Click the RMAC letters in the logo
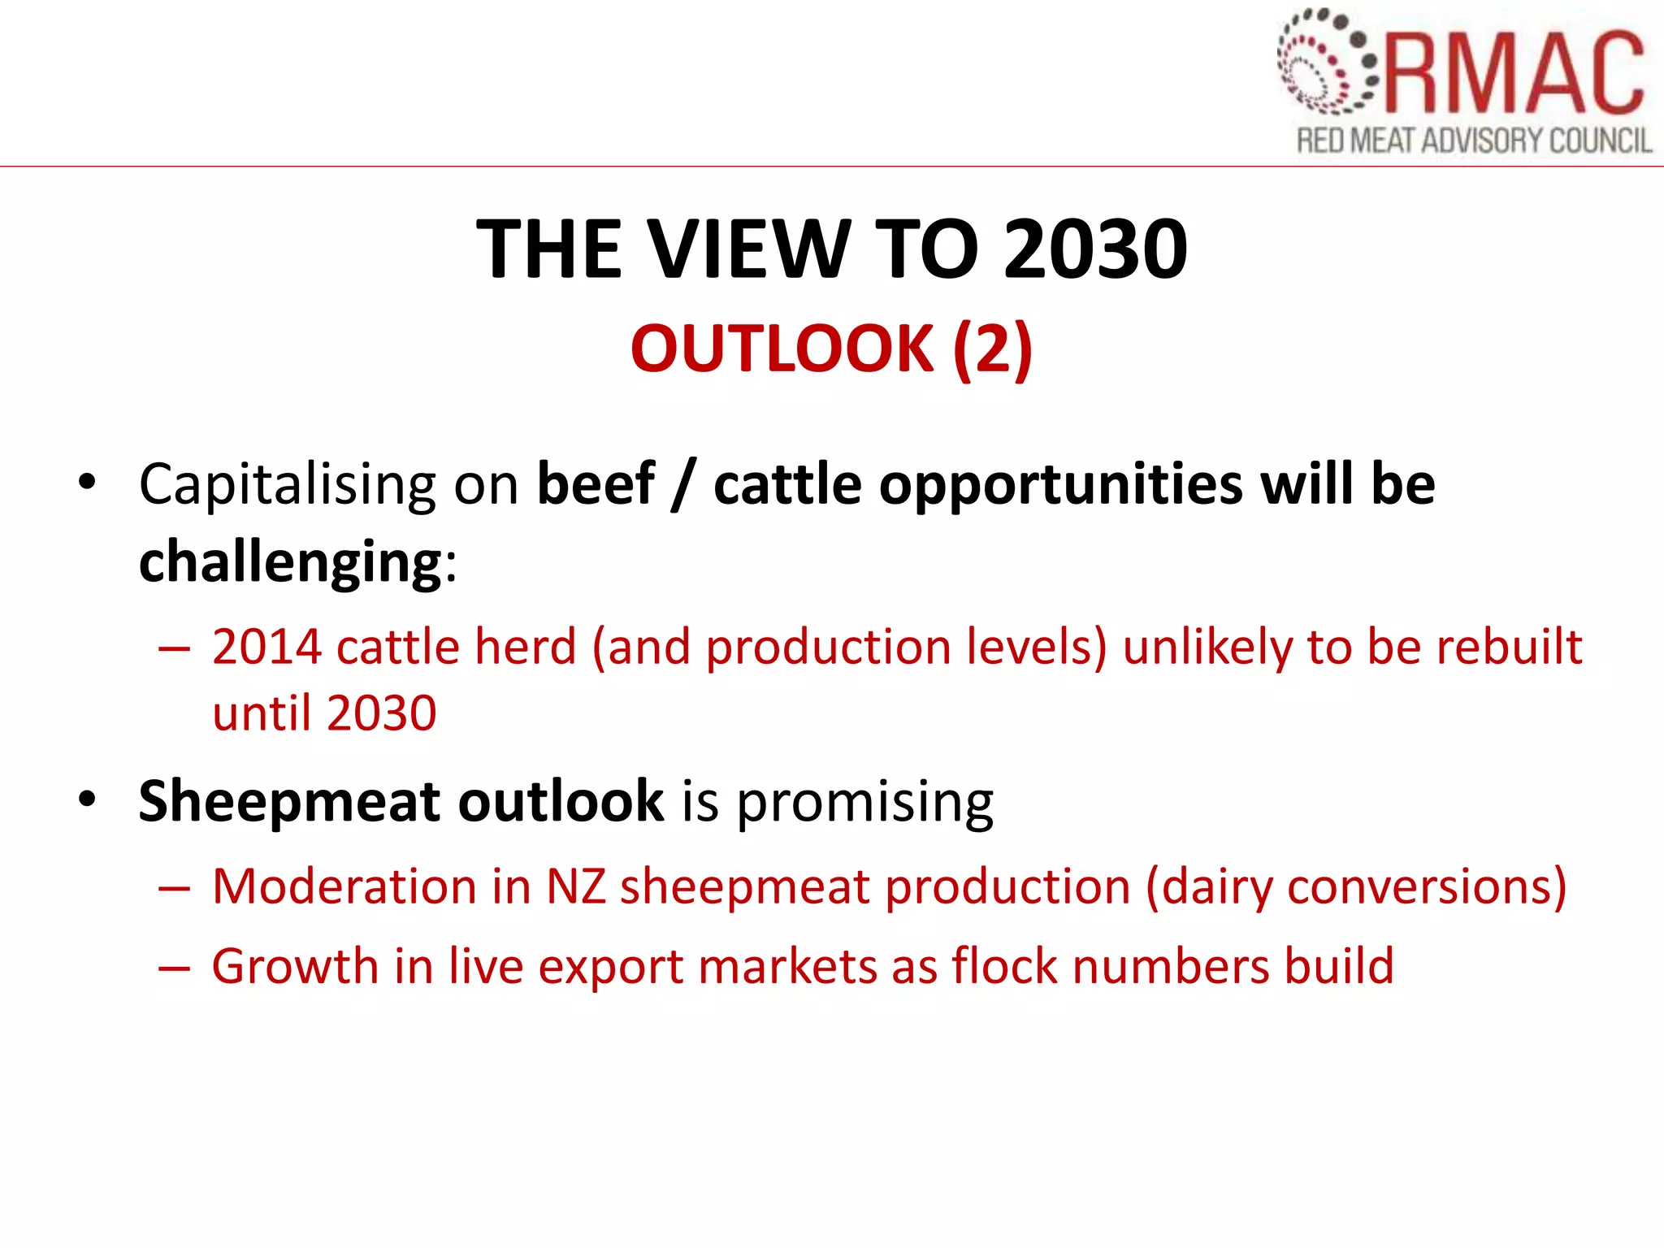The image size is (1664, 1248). tap(1513, 73)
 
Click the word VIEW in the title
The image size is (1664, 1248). tap(750, 249)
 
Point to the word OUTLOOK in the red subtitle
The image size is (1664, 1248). tap(782, 349)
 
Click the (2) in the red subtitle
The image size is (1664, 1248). tap(992, 349)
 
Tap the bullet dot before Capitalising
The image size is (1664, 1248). tap(87, 483)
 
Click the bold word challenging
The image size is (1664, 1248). tap(290, 562)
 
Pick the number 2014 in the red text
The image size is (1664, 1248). tap(266, 648)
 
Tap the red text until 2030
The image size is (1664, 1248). tap(324, 713)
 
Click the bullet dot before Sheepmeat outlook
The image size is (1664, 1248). tap(87, 799)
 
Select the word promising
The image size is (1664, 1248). tap(864, 803)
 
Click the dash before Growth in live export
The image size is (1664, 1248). tap(174, 968)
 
